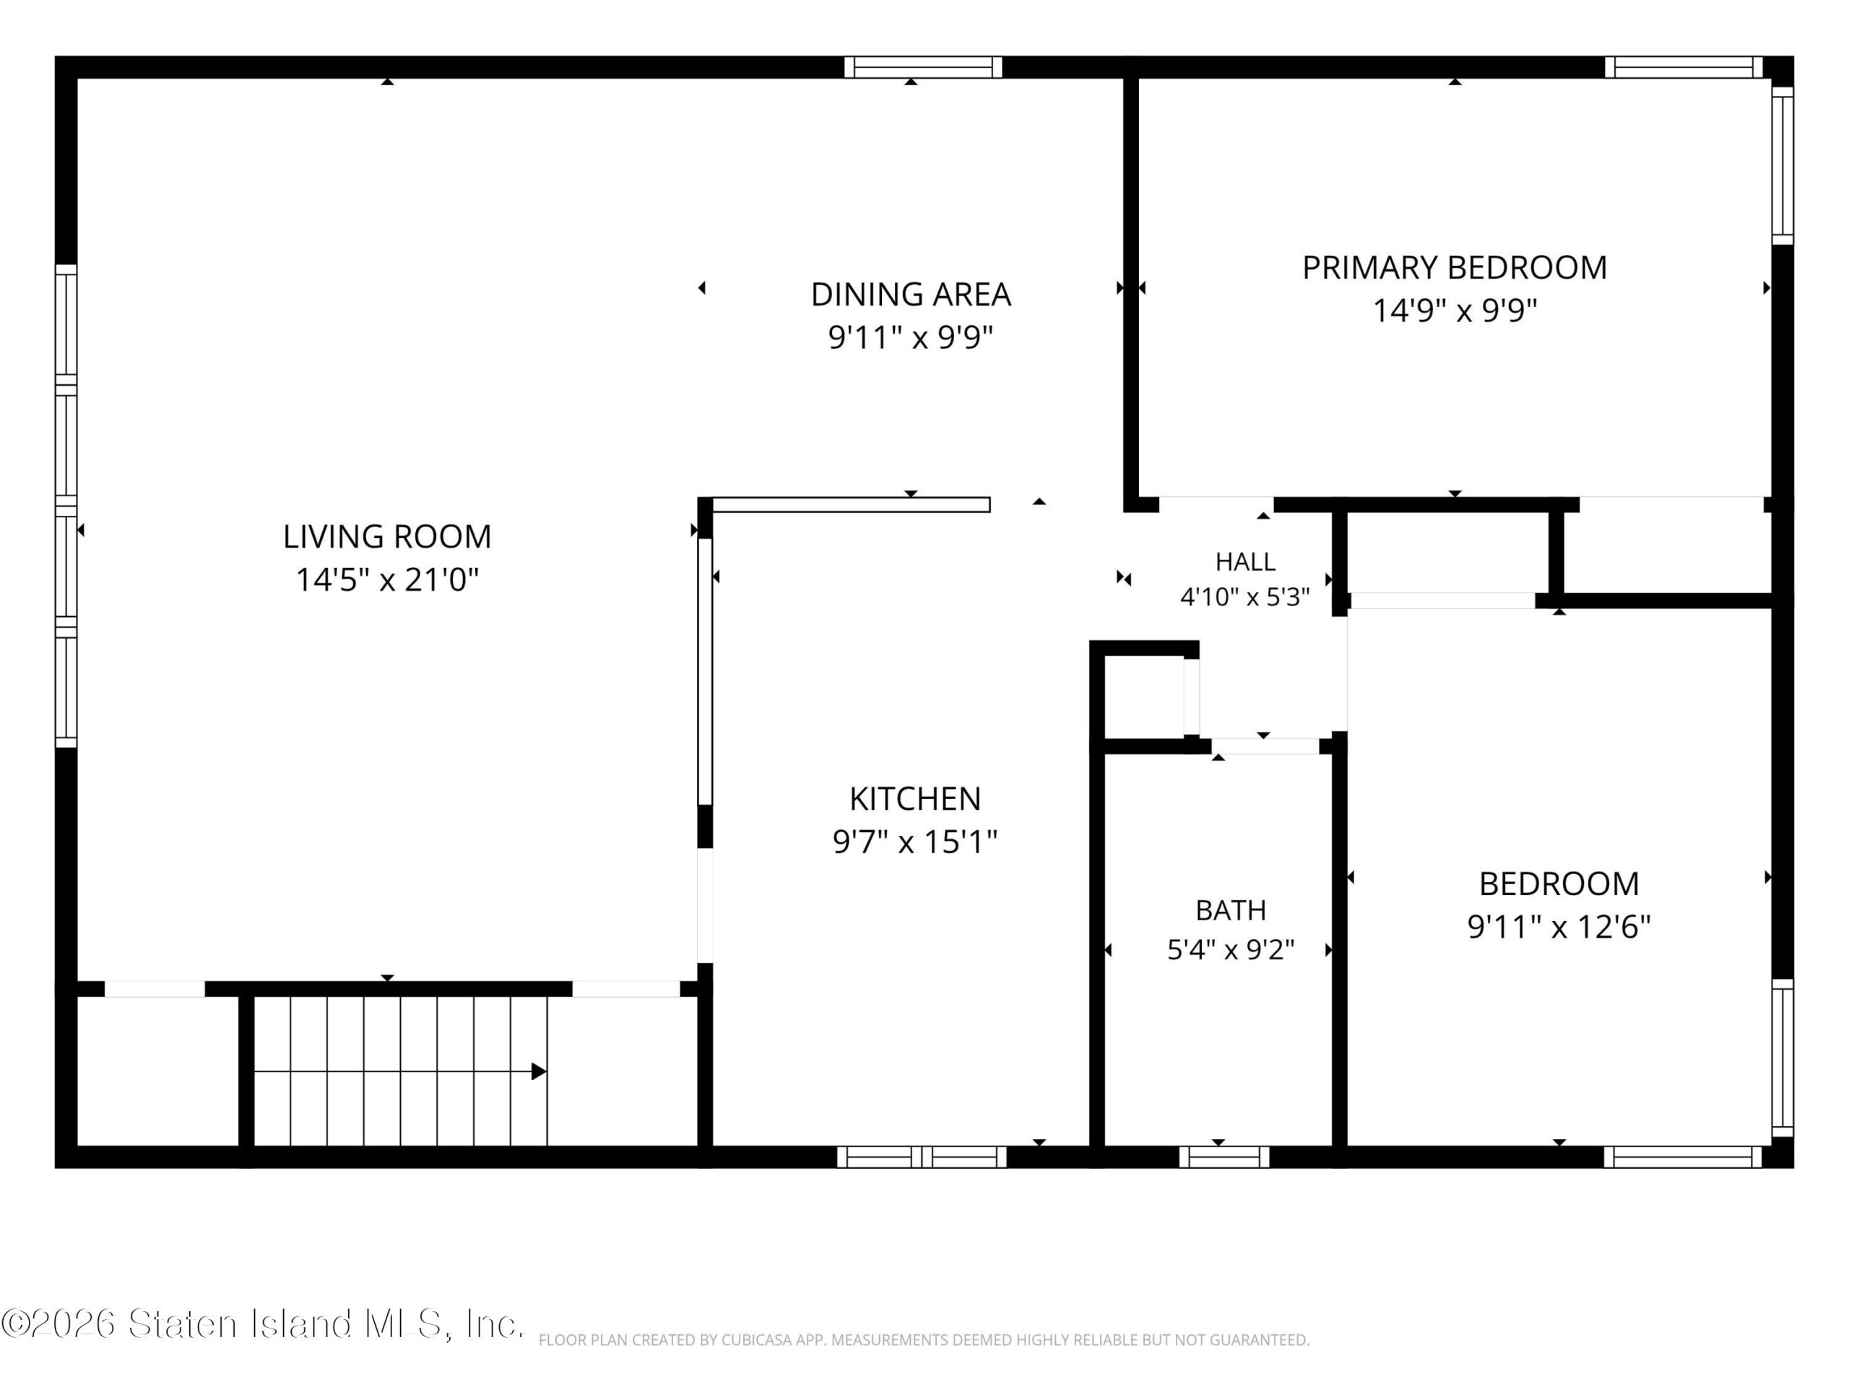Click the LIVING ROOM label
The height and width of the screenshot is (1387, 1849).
(387, 537)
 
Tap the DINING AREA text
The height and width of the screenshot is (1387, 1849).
(911, 294)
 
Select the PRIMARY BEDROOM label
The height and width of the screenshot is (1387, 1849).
(1455, 267)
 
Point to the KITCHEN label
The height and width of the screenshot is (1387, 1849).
(915, 798)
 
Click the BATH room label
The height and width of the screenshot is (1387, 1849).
(1231, 909)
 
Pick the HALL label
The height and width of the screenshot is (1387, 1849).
(1245, 562)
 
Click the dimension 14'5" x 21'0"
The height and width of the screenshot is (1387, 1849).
(388, 579)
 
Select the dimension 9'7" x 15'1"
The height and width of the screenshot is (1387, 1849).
(915, 841)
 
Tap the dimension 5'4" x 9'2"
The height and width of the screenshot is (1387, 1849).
(1231, 950)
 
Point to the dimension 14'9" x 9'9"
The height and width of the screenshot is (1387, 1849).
(1455, 310)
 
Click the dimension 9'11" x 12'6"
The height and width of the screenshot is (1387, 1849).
(1559, 926)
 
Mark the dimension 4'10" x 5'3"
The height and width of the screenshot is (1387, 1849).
(1244, 597)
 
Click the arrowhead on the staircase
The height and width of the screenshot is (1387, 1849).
(539, 1071)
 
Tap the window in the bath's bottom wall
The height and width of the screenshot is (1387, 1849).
(1224, 1157)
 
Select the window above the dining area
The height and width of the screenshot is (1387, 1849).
(923, 67)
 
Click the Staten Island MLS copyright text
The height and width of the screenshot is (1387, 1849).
(262, 1323)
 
